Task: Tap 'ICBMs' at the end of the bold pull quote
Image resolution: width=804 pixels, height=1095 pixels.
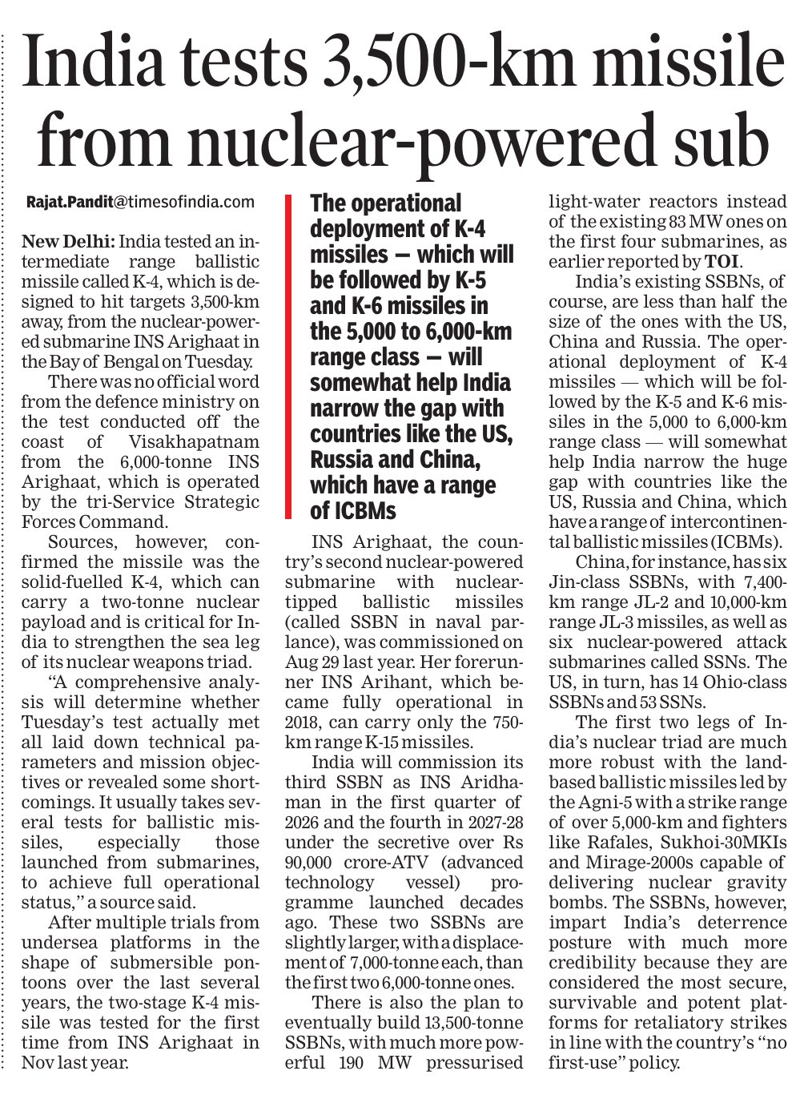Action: pos(364,511)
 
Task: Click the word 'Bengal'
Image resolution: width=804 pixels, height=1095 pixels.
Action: pos(126,361)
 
